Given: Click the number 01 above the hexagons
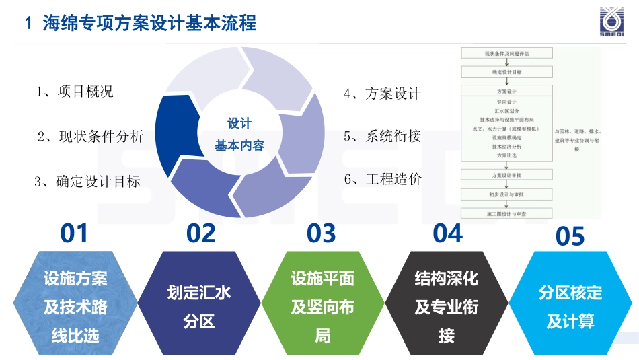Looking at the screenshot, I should (x=74, y=233).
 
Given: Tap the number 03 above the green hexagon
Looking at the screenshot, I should (x=321, y=233).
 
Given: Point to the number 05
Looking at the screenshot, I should (x=570, y=237).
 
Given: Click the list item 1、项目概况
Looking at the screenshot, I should (x=74, y=92).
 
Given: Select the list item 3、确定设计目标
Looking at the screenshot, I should (x=87, y=181).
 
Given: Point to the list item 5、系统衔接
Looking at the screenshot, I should (x=382, y=136).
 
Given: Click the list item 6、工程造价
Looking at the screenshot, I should (x=382, y=179).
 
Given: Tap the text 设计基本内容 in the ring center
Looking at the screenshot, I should (x=239, y=134).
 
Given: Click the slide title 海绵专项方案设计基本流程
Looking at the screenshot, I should (x=149, y=24).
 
